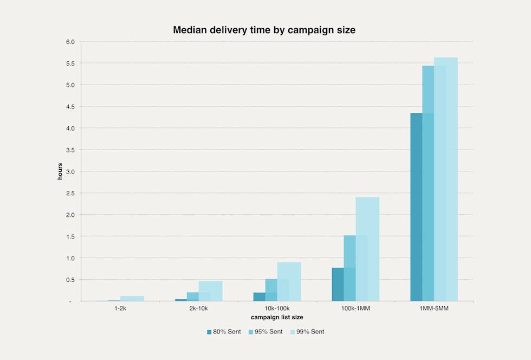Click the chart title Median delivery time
click(x=264, y=30)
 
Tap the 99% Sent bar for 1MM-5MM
click(x=446, y=179)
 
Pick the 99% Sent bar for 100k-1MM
click(x=368, y=249)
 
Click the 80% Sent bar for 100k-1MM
click(x=338, y=284)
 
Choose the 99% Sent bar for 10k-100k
click(x=289, y=281)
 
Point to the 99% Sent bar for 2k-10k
click(x=211, y=291)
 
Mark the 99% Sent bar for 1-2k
click(x=132, y=298)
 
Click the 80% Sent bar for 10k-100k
click(x=259, y=297)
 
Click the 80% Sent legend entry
click(x=224, y=331)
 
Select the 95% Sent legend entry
click(x=265, y=331)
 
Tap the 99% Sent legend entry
click(x=307, y=331)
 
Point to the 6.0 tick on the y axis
click(x=70, y=42)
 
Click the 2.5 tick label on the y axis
click(x=70, y=193)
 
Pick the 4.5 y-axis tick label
click(x=70, y=107)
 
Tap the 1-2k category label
click(x=120, y=308)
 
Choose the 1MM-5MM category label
click(x=434, y=308)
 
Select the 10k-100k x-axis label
click(x=277, y=308)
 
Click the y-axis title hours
click(x=61, y=171)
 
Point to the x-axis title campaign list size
click(x=277, y=316)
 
